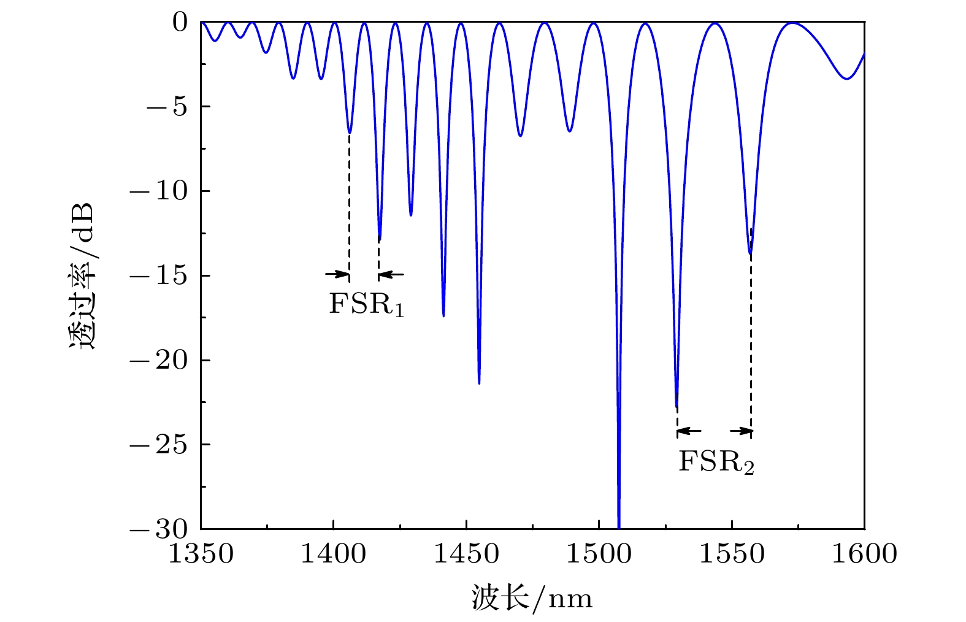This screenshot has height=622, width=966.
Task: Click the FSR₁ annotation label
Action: (366, 304)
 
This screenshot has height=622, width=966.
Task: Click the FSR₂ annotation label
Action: (716, 462)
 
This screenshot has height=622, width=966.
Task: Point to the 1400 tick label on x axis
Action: (333, 554)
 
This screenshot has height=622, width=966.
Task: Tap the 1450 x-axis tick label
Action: (466, 554)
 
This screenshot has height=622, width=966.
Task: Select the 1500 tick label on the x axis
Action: (599, 554)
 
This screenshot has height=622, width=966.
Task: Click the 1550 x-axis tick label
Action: (732, 554)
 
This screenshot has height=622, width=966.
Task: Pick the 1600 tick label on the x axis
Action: (864, 554)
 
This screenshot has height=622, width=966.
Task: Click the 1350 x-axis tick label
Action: (201, 554)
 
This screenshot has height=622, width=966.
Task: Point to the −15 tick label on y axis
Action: (158, 276)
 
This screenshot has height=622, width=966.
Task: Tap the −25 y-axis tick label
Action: (158, 445)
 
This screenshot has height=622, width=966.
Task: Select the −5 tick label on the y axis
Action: (166, 107)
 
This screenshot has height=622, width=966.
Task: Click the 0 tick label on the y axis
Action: (180, 23)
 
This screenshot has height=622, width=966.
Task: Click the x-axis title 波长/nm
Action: (532, 597)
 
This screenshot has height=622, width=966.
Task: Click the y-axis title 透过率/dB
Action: (82, 275)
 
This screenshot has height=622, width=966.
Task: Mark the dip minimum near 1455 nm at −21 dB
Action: (479, 383)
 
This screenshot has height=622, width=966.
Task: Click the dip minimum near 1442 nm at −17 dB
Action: (443, 316)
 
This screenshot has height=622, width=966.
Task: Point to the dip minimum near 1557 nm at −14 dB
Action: (750, 253)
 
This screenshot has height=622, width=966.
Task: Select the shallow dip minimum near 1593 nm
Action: (847, 79)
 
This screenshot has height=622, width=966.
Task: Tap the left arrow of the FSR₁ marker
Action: (337, 274)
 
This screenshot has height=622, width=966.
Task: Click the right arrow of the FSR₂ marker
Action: (744, 431)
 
